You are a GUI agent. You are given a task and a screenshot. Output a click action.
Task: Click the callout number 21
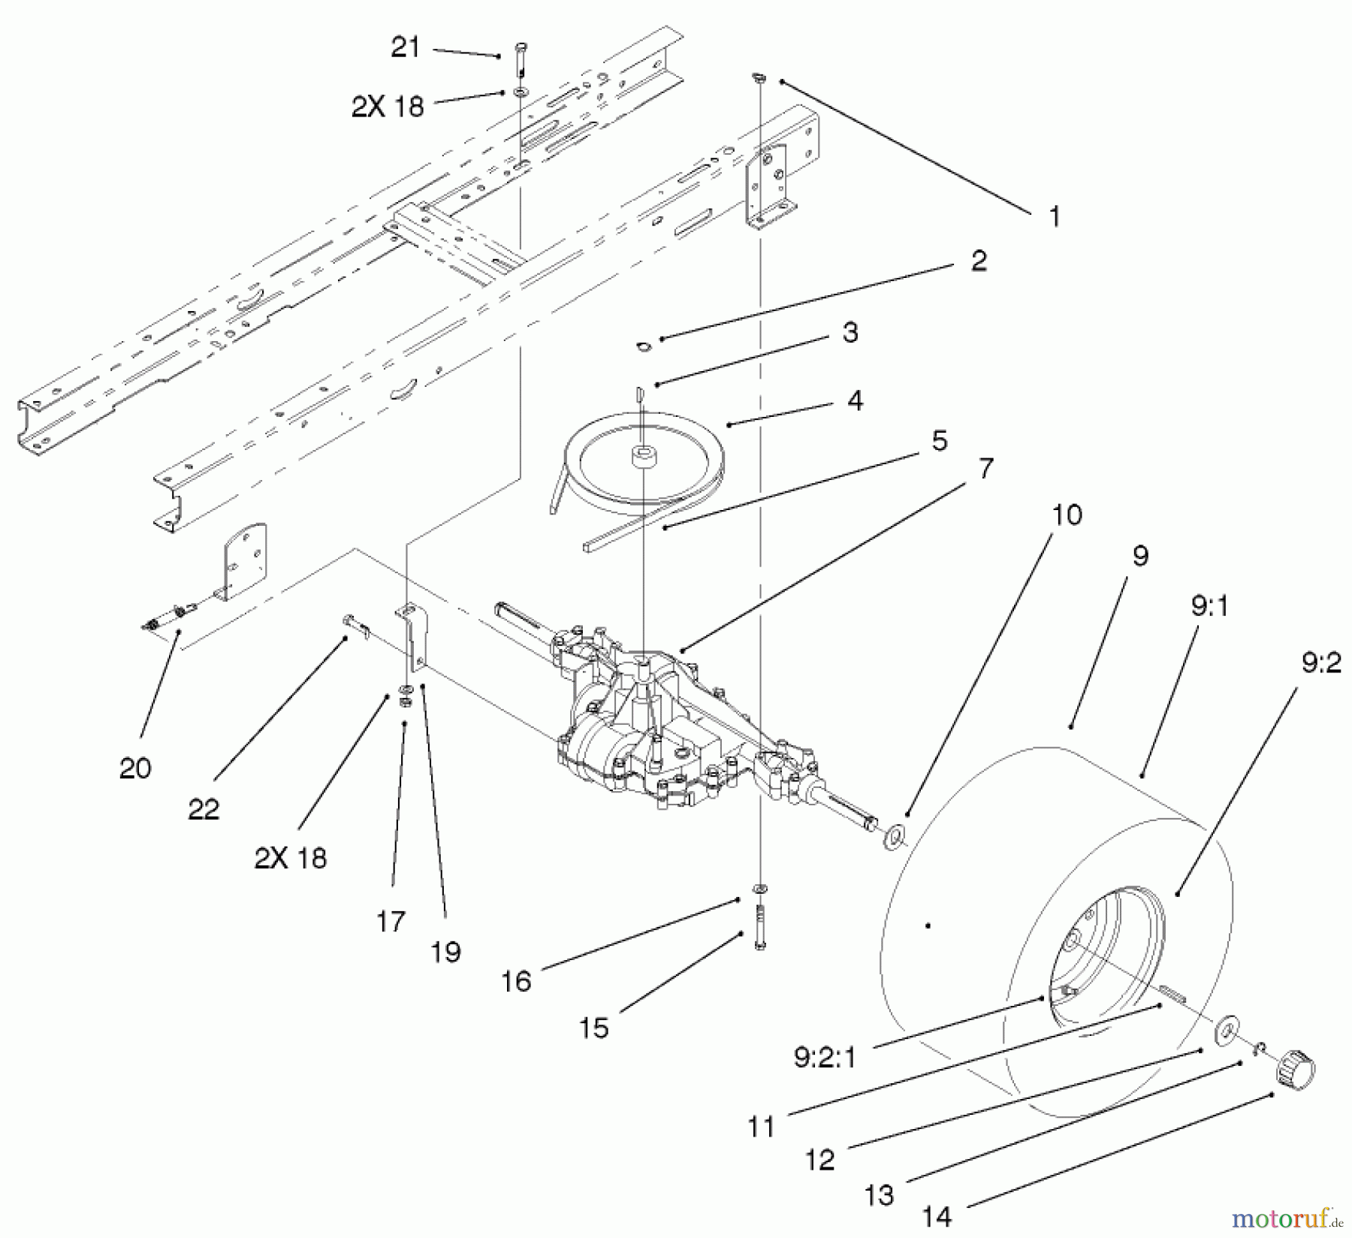tap(406, 47)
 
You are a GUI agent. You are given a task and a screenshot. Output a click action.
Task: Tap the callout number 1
tap(1055, 217)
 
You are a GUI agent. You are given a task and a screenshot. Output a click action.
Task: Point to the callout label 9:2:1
tap(824, 1058)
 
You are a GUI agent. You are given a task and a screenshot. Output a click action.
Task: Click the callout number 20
tap(135, 768)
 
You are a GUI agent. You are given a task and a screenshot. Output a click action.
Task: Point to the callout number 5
tap(939, 441)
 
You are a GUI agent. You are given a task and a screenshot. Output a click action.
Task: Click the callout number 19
tap(445, 952)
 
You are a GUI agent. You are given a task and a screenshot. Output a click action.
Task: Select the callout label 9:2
tap(1320, 663)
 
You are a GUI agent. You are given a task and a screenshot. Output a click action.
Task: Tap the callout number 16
tap(516, 981)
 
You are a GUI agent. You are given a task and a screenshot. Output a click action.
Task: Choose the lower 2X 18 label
tap(291, 857)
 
